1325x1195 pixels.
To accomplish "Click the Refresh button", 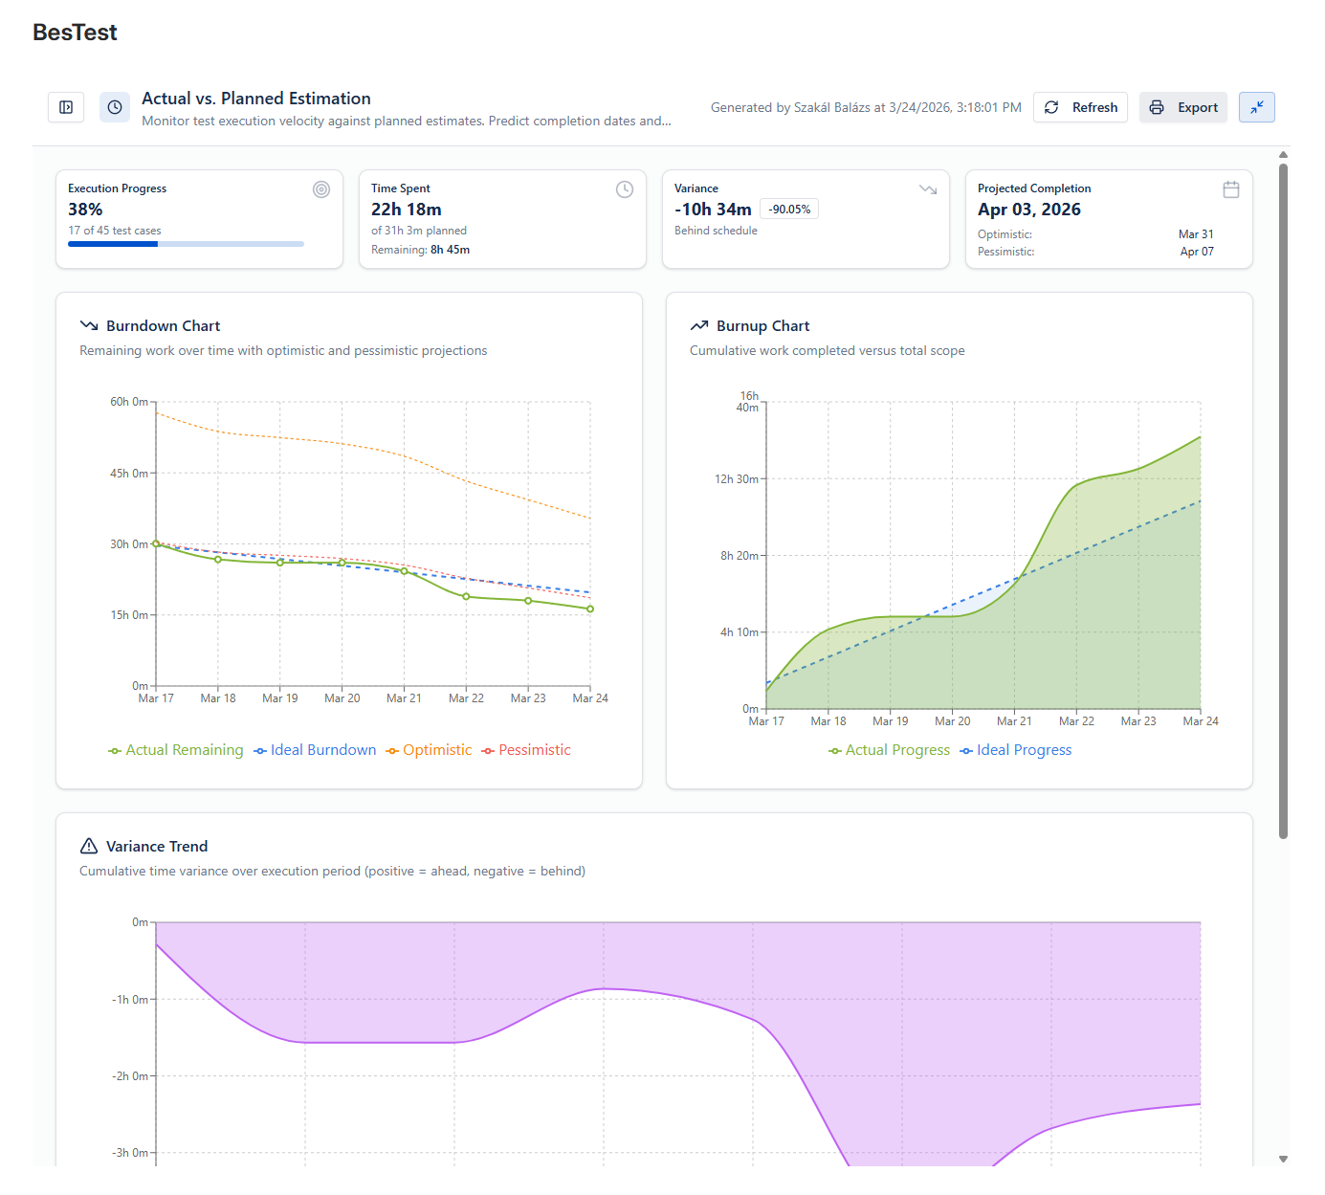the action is pos(1079,108).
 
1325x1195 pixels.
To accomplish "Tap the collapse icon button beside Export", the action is pos(1256,108).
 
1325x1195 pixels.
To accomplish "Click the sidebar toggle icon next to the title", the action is pos(66,108).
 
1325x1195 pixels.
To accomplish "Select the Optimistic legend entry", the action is pos(429,750).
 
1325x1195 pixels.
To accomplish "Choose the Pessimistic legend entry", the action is pos(526,750).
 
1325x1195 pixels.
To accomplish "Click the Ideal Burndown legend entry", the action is pos(315,750).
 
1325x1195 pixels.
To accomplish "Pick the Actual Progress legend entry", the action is pos(889,750).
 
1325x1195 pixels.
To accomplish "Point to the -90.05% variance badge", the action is pos(788,210).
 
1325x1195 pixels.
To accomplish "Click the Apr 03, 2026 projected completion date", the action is pos(1029,210).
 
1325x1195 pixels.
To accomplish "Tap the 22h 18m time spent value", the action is pos(407,210).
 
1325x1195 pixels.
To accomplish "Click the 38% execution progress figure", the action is pos(85,210).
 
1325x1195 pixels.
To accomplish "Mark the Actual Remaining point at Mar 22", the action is pos(466,596).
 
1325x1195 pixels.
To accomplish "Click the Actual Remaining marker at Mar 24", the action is pos(590,609).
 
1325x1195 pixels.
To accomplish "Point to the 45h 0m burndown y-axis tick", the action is pos(129,473).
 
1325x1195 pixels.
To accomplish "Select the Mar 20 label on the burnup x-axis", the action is pos(953,720).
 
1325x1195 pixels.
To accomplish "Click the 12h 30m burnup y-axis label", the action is pos(737,479).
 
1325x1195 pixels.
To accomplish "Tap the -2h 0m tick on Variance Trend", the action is pos(130,1076).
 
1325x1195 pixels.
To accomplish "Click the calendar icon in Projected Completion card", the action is pos(1230,189).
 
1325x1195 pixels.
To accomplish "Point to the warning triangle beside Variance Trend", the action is pos(89,846).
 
